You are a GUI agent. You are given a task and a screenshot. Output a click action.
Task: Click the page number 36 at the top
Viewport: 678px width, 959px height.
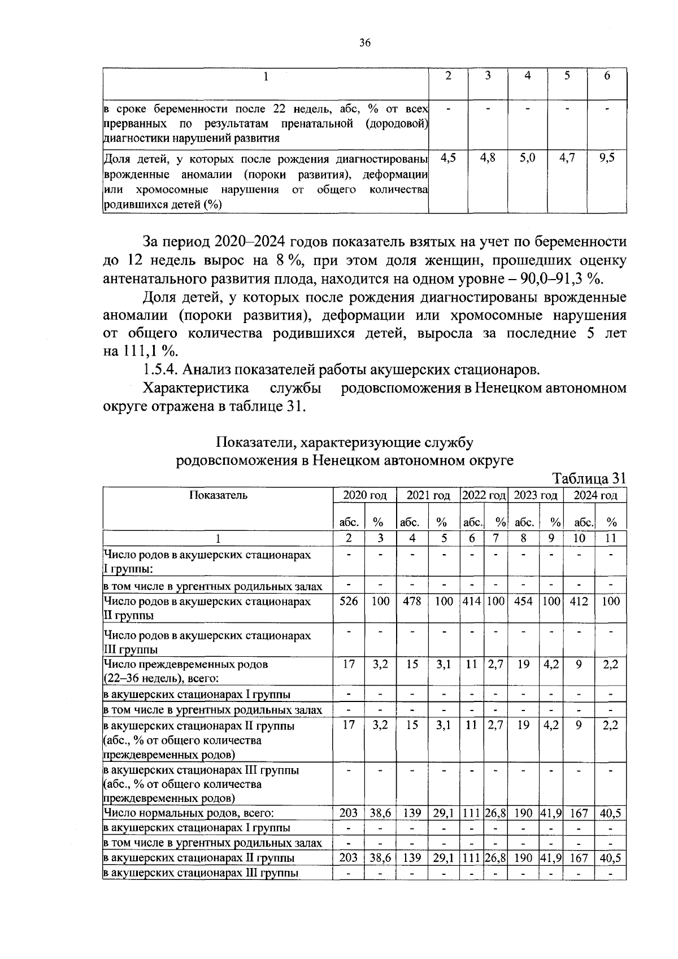pyautogui.click(x=364, y=43)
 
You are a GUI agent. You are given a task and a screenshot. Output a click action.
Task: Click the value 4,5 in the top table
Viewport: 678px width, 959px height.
pyautogui.click(x=448, y=158)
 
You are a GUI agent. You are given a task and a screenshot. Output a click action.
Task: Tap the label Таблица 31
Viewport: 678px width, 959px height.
pyautogui.click(x=589, y=478)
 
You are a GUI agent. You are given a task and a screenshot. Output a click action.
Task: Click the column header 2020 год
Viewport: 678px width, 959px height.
pyautogui.click(x=365, y=495)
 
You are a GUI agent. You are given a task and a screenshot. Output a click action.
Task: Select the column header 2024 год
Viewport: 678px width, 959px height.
pyautogui.click(x=596, y=495)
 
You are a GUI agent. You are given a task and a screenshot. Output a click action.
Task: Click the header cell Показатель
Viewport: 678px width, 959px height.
pyautogui.click(x=218, y=495)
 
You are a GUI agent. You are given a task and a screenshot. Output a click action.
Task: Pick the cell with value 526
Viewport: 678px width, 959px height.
pyautogui.click(x=349, y=601)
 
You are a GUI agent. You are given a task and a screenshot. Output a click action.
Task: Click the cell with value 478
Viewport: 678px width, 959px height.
pyautogui.click(x=412, y=601)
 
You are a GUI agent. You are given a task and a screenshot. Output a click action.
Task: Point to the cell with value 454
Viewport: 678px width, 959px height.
pyautogui.click(x=524, y=601)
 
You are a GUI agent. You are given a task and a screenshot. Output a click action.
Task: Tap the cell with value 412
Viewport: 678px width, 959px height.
pyautogui.click(x=579, y=601)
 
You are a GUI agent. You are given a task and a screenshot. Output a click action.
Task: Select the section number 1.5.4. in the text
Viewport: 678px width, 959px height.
pyautogui.click(x=160, y=370)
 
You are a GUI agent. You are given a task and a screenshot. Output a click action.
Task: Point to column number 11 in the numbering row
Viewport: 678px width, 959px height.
pyautogui.click(x=611, y=538)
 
